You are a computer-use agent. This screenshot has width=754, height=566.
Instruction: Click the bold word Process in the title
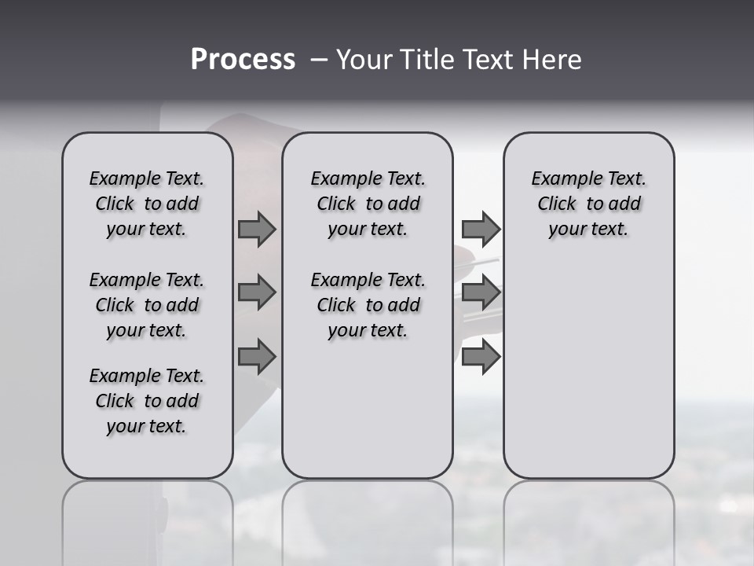tap(243, 60)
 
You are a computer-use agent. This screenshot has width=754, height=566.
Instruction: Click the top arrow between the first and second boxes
tap(257, 229)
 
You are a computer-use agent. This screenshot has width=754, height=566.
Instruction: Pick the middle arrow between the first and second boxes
tap(257, 292)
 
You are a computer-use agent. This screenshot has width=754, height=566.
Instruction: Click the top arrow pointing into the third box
tap(481, 229)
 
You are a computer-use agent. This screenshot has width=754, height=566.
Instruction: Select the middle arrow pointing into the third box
tap(481, 292)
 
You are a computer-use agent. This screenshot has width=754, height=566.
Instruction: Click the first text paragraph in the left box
tap(147, 204)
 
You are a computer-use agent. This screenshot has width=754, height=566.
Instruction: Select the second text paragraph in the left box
tap(147, 305)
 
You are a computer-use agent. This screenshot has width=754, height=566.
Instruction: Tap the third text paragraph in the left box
tap(147, 401)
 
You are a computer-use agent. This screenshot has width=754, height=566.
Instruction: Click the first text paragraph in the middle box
tap(368, 204)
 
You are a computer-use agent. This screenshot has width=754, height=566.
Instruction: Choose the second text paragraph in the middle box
tap(368, 305)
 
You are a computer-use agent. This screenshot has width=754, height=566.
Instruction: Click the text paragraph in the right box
tap(589, 204)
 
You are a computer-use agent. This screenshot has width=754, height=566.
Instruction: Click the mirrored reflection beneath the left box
tap(148, 519)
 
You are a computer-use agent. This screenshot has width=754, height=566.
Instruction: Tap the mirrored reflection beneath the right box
tap(589, 519)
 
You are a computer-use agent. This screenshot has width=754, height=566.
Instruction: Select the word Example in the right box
tap(561, 178)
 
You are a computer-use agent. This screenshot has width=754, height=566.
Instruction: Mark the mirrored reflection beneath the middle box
tap(368, 519)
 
